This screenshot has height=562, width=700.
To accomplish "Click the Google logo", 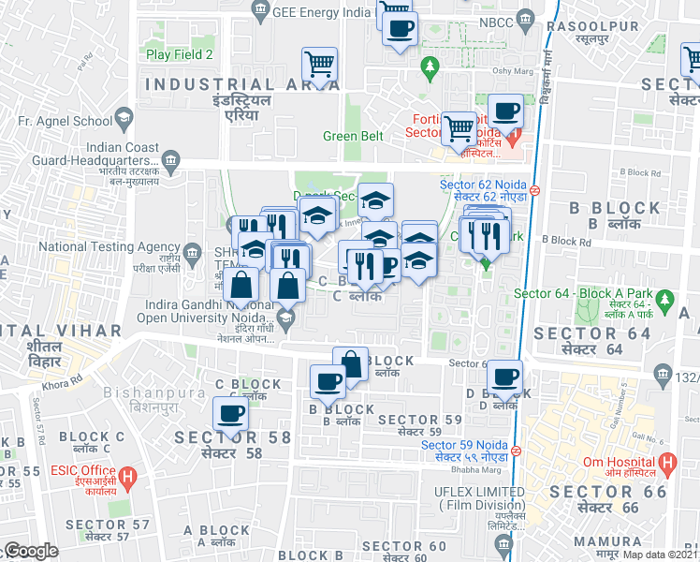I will click(x=30, y=551).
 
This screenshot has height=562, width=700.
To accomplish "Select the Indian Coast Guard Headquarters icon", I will click(x=171, y=160).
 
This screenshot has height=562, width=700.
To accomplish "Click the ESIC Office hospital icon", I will click(x=130, y=476).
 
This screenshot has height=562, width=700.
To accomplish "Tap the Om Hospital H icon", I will click(x=667, y=463).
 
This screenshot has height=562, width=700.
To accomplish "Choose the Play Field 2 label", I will click(x=180, y=54).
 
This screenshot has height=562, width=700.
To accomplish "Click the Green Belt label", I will click(x=354, y=136).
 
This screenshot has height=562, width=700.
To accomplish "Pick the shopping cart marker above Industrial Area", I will click(x=319, y=66).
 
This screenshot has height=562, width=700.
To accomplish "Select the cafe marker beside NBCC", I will click(x=400, y=28).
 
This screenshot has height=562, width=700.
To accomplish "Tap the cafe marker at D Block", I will click(x=505, y=377).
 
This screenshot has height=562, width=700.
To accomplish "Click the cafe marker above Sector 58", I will click(x=230, y=413).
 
